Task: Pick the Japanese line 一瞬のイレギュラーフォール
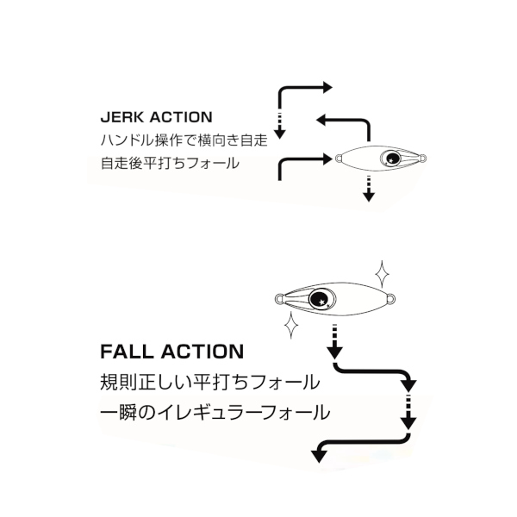(x=215, y=412)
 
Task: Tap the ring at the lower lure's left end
(x=279, y=300)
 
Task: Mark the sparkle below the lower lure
(x=291, y=327)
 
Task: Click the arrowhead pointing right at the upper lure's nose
(x=327, y=159)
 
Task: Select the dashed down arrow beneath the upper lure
(x=369, y=188)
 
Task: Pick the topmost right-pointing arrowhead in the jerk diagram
(x=326, y=87)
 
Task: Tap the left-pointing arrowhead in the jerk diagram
(x=321, y=120)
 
